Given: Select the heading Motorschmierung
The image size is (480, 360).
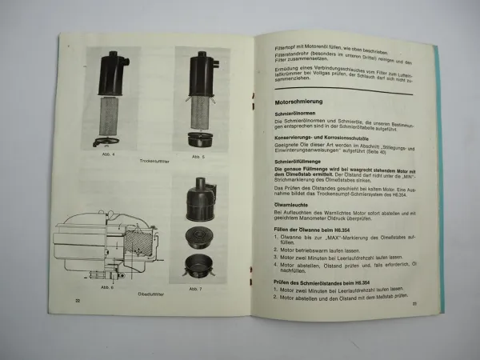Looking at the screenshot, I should click(x=287, y=102).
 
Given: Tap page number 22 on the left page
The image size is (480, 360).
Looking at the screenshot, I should click(x=78, y=300).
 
